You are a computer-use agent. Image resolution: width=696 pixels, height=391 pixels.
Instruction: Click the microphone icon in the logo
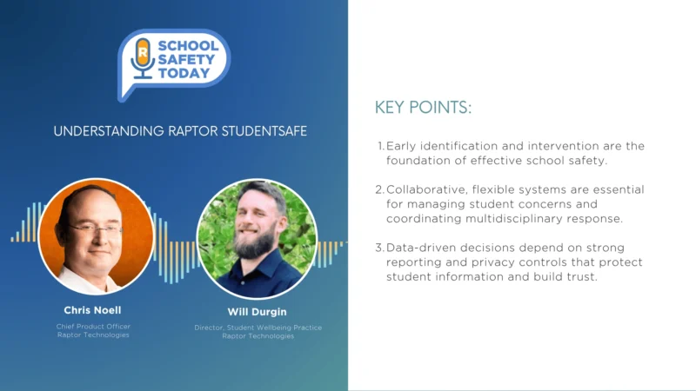pos(142,59)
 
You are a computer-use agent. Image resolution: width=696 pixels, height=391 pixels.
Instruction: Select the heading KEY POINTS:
pos(423,108)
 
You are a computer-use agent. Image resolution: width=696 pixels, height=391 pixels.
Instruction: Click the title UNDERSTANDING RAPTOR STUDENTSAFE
pos(180,131)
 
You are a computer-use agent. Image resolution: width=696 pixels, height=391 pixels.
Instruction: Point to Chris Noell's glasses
pos(95,229)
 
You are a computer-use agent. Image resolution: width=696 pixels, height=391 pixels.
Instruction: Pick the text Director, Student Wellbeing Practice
pos(258,328)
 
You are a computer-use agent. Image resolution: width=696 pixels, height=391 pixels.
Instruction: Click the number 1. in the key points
pos(380,146)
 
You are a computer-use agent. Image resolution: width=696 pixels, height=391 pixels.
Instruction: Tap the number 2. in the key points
pos(380,189)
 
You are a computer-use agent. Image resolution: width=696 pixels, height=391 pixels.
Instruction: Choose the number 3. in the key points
pos(380,248)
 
